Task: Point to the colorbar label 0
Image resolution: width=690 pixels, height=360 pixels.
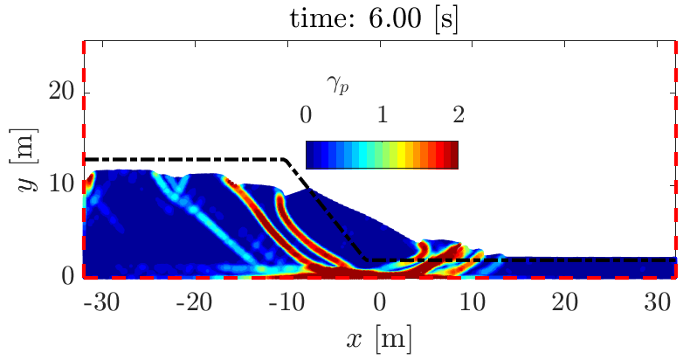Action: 306,114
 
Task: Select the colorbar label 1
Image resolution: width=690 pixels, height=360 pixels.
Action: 382,114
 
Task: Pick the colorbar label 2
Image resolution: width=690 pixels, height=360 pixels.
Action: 457,114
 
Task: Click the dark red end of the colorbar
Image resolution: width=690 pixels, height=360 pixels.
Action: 452,154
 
